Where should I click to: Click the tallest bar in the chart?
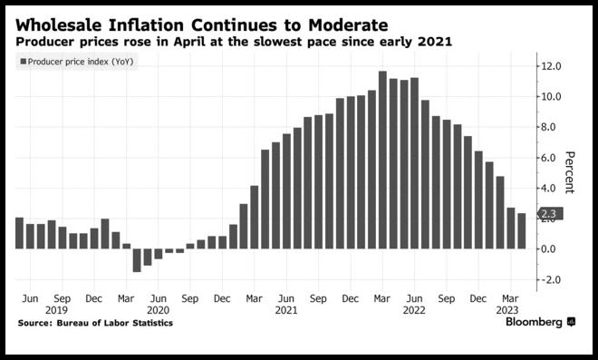pyautogui.click(x=382, y=160)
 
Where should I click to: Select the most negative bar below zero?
pyautogui.click(x=137, y=260)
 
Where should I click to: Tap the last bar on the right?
pyautogui.click(x=521, y=231)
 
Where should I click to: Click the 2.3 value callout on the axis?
pyautogui.click(x=550, y=214)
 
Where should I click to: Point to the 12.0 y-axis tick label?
pyautogui.click(x=552, y=66)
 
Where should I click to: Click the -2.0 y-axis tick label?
pyautogui.click(x=550, y=280)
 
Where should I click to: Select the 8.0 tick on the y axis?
pyautogui.click(x=552, y=127)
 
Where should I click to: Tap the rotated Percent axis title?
pyautogui.click(x=569, y=172)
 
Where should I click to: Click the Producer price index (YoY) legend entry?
pyautogui.click(x=77, y=62)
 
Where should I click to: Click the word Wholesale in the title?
pyautogui.click(x=59, y=25)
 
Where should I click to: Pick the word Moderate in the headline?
pyautogui.click(x=348, y=25)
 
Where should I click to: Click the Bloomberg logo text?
pyautogui.click(x=534, y=322)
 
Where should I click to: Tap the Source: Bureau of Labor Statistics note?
pyautogui.click(x=95, y=323)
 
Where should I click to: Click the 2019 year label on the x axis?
pyautogui.click(x=56, y=310)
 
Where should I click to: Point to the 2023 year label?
pyautogui.click(x=507, y=310)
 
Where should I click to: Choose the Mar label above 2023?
pyautogui.click(x=510, y=298)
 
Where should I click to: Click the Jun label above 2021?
pyautogui.click(x=285, y=298)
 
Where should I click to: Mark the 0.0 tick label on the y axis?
pyautogui.click(x=552, y=249)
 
